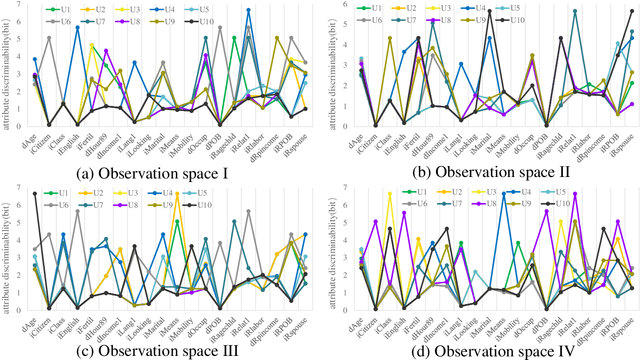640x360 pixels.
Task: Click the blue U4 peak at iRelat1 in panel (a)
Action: [248, 10]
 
